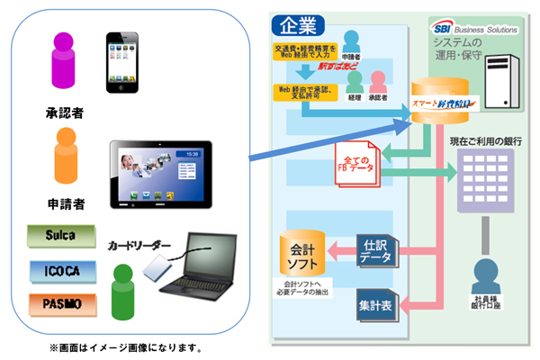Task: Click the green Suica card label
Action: click(58, 236)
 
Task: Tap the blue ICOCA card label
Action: click(58, 270)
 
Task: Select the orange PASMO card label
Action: click(58, 304)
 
